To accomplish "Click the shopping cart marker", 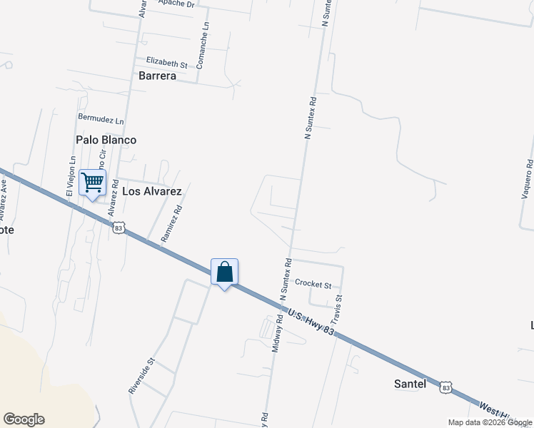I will pos(92,183).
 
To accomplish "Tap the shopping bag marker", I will pos(224,272).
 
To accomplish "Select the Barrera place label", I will pos(157,76).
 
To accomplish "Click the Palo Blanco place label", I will pos(106,140).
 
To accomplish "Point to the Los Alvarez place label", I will pos(152,191).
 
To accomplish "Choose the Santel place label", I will pos(410,384).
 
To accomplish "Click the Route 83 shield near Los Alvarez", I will pos(119,227).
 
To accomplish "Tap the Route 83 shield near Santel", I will pos(445,387).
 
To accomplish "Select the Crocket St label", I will pos(313,284).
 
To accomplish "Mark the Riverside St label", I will pos(141,375).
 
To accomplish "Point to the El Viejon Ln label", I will pos(71,176).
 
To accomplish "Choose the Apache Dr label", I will pos(176,4).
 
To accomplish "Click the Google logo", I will pos(24,419).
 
